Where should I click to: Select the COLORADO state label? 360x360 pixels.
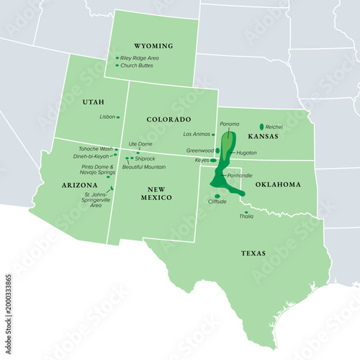pos(168,119)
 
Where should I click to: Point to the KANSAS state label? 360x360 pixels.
pos(262,135)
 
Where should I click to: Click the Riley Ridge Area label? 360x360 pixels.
pos(140,58)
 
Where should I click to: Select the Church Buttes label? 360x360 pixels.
pos(138,66)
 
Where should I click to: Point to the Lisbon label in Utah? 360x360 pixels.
pos(107,116)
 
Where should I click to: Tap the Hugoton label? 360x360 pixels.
pos(246,153)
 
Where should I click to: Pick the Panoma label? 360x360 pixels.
pos(229,124)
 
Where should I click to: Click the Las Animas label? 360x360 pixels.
pos(197,134)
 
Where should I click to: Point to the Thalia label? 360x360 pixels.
pos(246,217)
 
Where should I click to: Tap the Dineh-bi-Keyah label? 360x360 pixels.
pos(91,156)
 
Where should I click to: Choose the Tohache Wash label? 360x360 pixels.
pos(96,148)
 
